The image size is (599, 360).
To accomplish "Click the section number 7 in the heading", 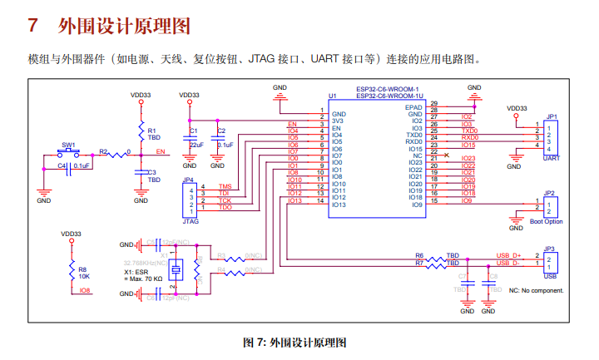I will [x=33, y=26].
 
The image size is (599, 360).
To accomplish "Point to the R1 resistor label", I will [x=152, y=131].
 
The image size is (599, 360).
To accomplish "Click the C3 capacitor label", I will [x=152, y=172].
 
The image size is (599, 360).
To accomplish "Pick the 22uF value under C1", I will [x=196, y=145].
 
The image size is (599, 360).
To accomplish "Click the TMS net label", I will [x=225, y=186].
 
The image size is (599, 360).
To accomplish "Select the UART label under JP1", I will [x=550, y=157].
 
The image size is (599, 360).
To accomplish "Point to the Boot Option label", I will [x=547, y=221].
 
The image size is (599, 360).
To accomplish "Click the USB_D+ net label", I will [x=508, y=255].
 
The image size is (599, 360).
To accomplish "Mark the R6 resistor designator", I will [x=419, y=255].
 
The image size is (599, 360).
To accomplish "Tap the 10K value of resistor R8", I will [x=84, y=276].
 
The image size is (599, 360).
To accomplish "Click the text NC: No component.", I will [x=536, y=290].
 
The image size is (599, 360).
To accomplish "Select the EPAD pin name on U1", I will [x=413, y=107].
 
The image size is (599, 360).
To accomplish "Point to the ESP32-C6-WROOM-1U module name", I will [x=390, y=96].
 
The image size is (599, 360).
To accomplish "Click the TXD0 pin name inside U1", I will [x=414, y=135].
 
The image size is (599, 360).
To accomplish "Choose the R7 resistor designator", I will [x=419, y=263].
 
